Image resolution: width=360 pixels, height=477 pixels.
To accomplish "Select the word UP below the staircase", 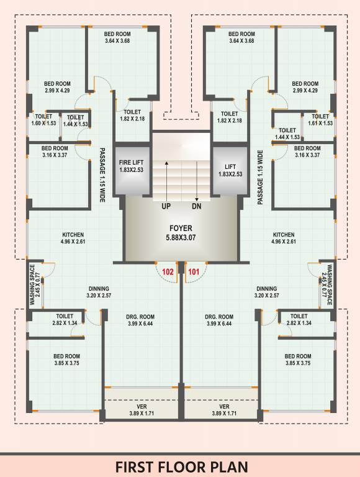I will coord(166,206).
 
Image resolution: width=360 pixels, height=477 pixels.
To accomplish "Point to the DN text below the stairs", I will coord(196,206).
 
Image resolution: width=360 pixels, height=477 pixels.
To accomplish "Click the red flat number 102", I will coord(168,271).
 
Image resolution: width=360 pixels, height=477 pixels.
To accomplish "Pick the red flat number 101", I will coord(193,271).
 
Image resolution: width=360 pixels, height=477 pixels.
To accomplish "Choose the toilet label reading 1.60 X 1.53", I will coord(43,120).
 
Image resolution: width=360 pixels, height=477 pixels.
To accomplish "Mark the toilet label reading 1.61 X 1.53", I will coord(320,120).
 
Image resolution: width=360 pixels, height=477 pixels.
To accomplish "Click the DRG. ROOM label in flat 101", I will coord(219,320).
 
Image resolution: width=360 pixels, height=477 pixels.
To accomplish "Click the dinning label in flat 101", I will coord(267,292).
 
